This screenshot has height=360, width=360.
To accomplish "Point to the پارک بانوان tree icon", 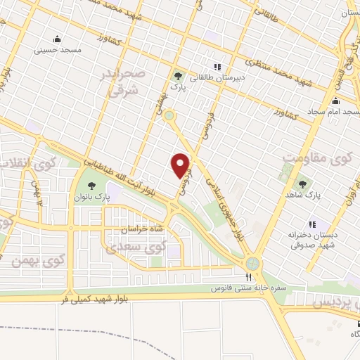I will (x=91, y=186).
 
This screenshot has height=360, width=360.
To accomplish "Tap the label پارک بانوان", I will (x=91, y=198).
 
